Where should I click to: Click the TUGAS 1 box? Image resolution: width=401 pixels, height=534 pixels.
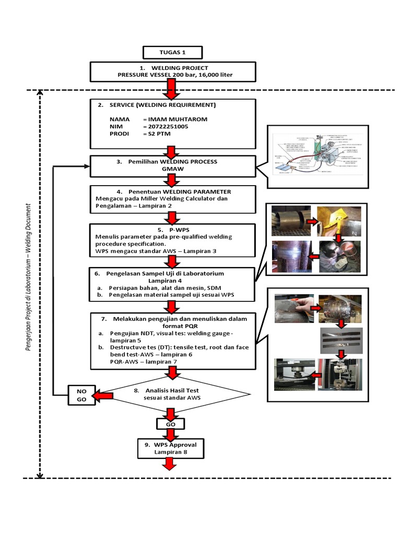[172, 53]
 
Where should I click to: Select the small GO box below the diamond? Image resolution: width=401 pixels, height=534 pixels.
[170, 424]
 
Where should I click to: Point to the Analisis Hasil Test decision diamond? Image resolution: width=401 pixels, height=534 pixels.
[173, 394]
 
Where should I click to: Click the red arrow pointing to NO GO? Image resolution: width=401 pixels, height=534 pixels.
[103, 397]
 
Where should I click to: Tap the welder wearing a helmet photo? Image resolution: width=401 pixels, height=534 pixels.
[340, 256]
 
